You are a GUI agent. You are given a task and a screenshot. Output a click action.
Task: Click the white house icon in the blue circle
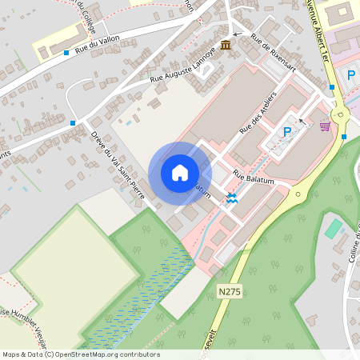(180, 173)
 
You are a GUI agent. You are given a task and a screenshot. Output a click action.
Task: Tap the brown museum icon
(226, 44)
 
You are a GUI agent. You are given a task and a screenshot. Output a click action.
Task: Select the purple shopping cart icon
(325, 126)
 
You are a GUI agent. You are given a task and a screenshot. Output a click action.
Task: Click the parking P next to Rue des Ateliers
(287, 132)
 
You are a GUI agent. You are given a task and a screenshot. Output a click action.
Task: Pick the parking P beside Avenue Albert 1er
(350, 75)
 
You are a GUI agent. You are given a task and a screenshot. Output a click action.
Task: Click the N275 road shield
(230, 293)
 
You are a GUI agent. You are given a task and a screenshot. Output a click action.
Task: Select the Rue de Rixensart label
(274, 50)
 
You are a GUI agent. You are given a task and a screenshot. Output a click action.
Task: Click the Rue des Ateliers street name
(257, 118)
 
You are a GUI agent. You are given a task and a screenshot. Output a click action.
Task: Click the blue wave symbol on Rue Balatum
(232, 198)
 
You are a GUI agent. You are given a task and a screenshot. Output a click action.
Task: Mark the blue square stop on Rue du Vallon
(66, 54)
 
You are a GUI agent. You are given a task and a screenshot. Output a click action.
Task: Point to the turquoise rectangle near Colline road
(334, 230)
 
